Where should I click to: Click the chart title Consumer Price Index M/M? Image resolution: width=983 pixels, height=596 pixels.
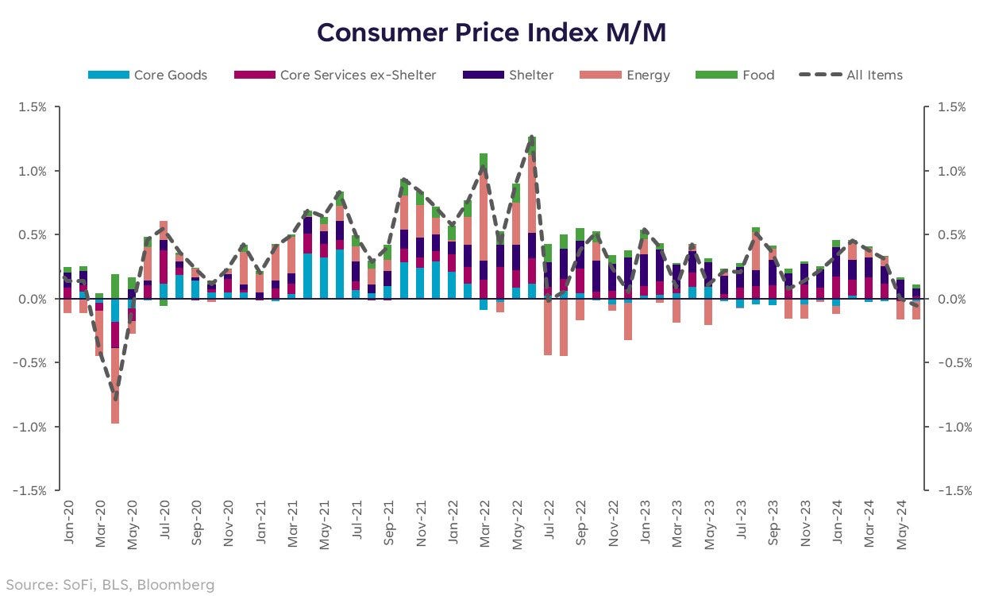[x=491, y=33]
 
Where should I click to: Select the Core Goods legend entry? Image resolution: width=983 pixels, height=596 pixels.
[x=147, y=75]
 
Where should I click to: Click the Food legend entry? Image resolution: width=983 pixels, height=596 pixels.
[x=734, y=75]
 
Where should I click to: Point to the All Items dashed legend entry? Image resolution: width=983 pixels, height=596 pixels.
[x=850, y=75]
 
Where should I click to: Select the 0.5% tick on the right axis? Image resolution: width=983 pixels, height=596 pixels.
[x=950, y=234]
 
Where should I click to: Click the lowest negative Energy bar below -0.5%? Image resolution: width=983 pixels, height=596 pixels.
[x=115, y=389]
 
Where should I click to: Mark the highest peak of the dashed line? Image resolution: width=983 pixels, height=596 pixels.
[x=531, y=137]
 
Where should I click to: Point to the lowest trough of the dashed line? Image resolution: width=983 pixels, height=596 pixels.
[x=115, y=400]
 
